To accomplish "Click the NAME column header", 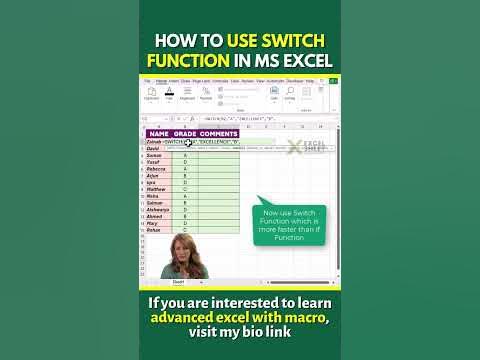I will pyautogui.click(x=159, y=134).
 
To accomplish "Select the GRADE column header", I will pyautogui.click(x=185, y=134).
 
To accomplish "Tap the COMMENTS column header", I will pyautogui.click(x=218, y=134).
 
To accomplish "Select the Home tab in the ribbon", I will pyautogui.click(x=161, y=80).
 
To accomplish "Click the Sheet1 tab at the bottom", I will pyautogui.click(x=178, y=282).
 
